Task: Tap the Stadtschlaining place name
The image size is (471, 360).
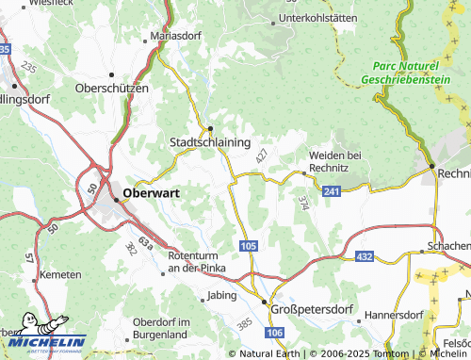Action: point(209,141)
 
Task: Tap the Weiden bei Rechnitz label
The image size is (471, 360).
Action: point(335,161)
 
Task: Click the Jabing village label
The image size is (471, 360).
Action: point(223,295)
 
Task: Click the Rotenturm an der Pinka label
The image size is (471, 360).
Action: point(198,262)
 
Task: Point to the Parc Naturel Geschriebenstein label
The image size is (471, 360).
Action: point(405,73)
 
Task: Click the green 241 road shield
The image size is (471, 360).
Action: point(331,190)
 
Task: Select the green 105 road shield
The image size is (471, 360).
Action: point(248,246)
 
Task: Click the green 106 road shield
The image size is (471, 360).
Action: point(273,334)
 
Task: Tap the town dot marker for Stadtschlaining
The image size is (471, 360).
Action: point(210,127)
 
